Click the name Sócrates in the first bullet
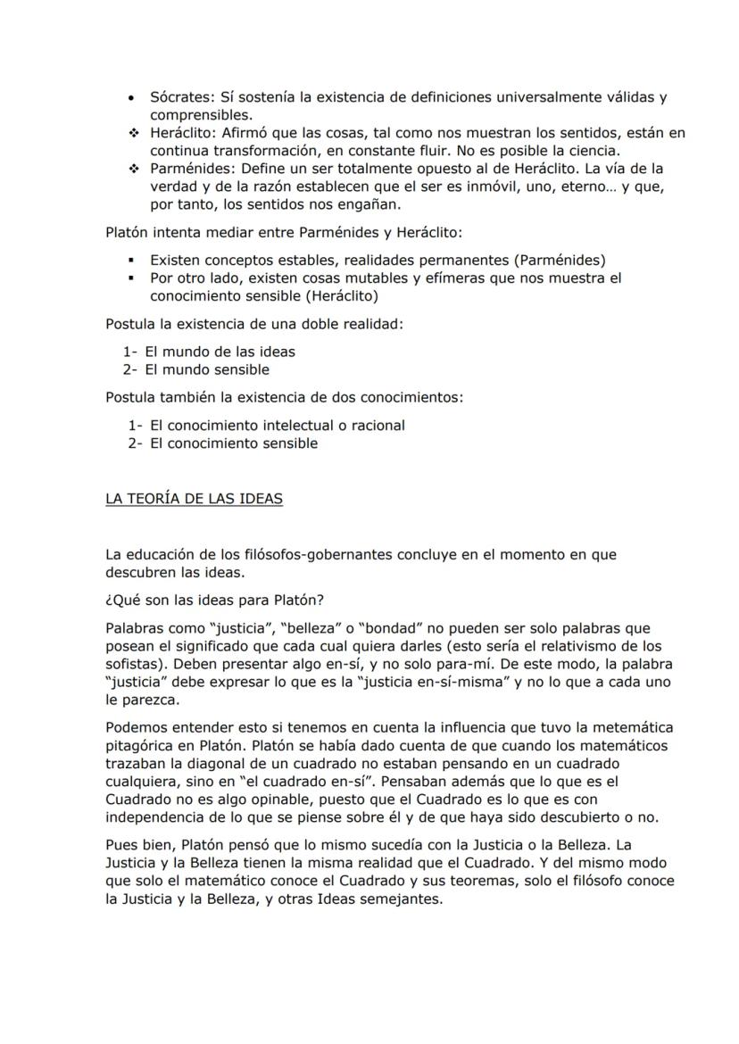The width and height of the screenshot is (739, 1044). (x=179, y=97)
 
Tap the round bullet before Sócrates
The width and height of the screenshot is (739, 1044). (x=132, y=97)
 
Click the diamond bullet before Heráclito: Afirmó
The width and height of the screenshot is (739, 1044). (x=132, y=133)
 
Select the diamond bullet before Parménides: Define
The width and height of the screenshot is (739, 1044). (x=132, y=169)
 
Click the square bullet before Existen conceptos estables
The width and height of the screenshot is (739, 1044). (x=132, y=261)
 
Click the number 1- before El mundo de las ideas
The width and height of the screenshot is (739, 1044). (x=130, y=352)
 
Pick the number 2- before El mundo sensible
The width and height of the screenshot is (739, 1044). (x=130, y=369)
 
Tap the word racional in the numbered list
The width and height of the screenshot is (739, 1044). (x=378, y=426)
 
